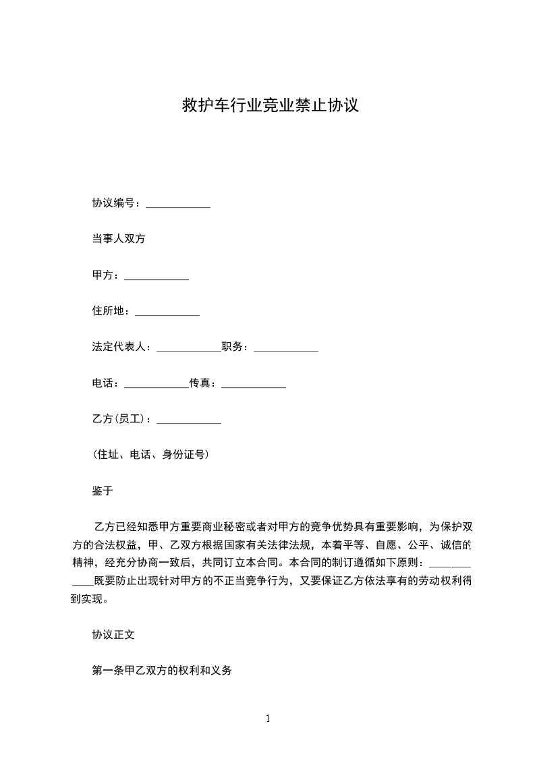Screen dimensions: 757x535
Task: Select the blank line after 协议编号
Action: [x=178, y=204]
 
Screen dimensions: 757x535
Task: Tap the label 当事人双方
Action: [x=119, y=238]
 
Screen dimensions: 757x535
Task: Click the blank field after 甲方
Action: [x=157, y=277]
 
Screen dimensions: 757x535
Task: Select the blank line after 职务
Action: [x=285, y=349]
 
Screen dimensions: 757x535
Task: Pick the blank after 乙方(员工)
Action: [x=189, y=422]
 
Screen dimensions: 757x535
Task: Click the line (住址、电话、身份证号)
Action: [x=151, y=455]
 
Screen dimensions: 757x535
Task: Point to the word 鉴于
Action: [x=103, y=491]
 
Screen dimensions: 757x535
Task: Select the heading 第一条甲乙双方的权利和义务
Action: [x=162, y=671]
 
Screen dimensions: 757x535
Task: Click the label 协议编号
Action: [x=113, y=202]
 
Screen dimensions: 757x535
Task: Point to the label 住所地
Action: [x=108, y=311]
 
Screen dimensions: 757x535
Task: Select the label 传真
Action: [x=200, y=384]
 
